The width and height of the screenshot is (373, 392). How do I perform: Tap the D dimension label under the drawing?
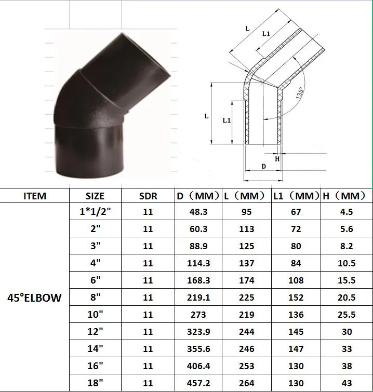[263, 166]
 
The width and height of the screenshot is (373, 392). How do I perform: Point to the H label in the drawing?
[277, 159]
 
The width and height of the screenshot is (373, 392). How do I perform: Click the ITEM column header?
[35, 196]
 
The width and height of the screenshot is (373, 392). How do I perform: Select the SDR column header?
[148, 196]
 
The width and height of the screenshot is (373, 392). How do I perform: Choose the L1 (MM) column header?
[296, 196]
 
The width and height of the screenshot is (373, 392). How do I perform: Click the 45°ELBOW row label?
[35, 298]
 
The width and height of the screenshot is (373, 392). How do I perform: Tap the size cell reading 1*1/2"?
[95, 212]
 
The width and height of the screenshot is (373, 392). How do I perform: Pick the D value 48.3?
[198, 212]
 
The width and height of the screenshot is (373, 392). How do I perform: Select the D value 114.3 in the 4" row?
[198, 263]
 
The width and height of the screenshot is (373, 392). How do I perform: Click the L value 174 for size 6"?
[247, 280]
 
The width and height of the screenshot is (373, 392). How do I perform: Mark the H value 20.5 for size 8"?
[347, 298]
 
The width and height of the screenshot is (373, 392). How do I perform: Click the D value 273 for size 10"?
[198, 315]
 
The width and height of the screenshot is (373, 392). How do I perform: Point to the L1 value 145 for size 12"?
[296, 332]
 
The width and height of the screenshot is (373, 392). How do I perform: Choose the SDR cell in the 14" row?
[148, 349]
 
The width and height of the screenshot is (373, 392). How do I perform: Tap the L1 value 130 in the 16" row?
[296, 366]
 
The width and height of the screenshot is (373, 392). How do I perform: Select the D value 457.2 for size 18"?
[198, 383]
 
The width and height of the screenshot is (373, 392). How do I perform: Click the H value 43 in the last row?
[347, 383]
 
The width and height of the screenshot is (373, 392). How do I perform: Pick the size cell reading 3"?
[95, 246]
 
